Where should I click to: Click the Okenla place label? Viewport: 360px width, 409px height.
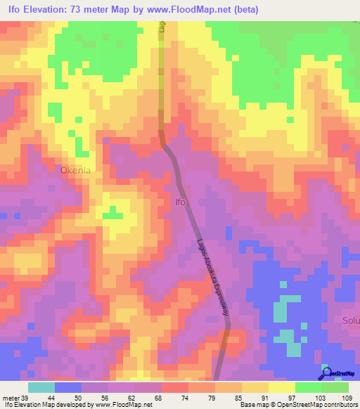(x=77, y=170)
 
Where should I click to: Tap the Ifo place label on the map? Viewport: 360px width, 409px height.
(x=181, y=202)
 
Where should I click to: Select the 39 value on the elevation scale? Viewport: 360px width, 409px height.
(x=25, y=398)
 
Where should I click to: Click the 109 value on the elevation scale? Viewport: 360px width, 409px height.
(x=347, y=398)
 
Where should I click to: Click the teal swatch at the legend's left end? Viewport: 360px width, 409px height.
(x=41, y=387)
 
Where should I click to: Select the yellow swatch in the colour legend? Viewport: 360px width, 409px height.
(x=281, y=387)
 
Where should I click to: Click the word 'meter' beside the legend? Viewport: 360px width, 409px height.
(x=9, y=398)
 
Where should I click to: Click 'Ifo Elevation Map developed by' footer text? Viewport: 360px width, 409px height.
(x=46, y=405)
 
